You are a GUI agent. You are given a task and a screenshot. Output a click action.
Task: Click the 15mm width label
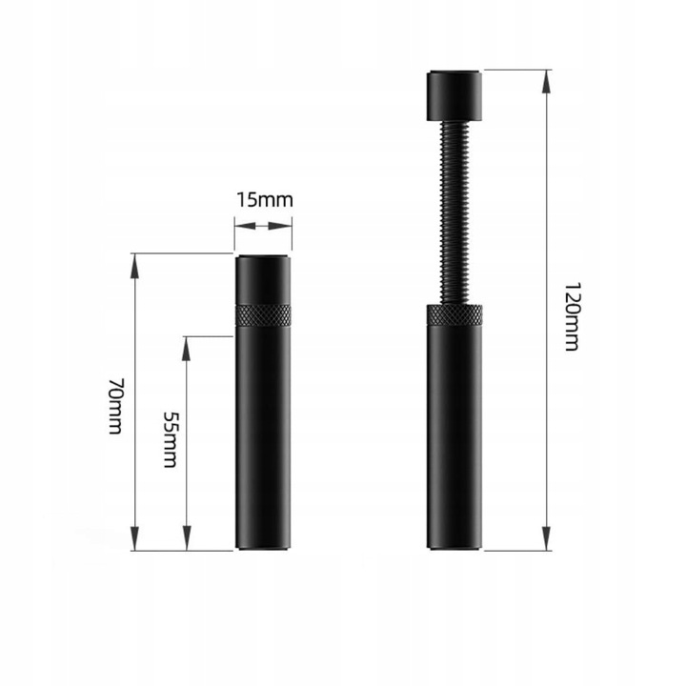click(264, 201)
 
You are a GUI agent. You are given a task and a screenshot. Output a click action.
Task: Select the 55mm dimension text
click(170, 439)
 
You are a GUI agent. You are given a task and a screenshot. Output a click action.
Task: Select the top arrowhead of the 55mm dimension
click(187, 345)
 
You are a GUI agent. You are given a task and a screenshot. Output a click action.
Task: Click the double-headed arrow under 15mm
click(264, 226)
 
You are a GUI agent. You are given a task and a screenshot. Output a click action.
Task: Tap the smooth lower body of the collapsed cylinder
click(264, 438)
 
